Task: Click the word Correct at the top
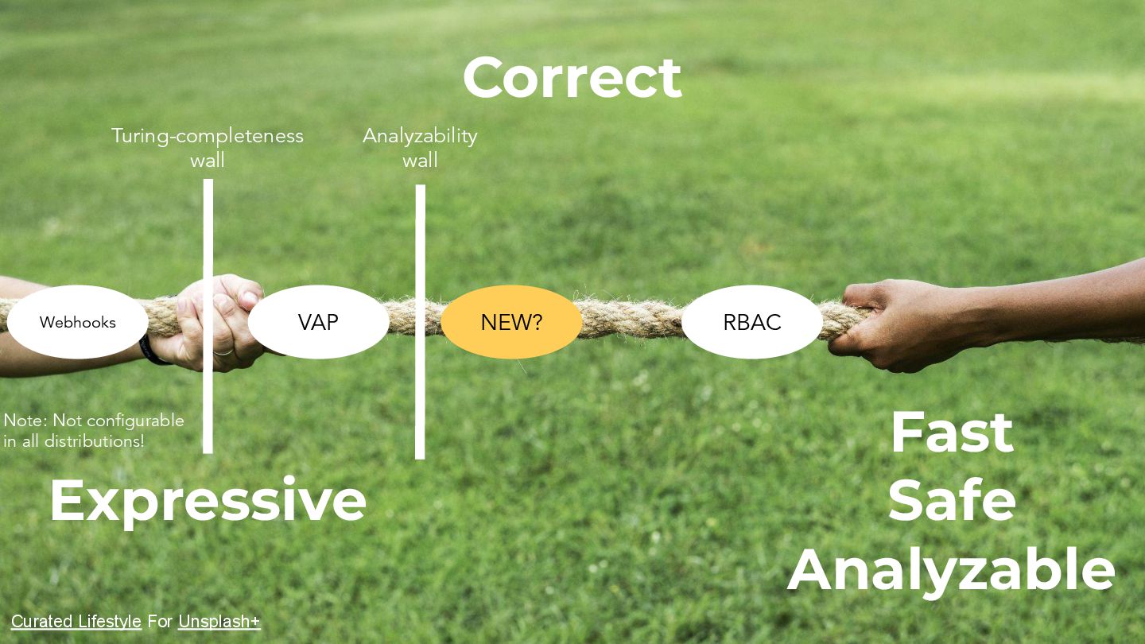[x=572, y=78]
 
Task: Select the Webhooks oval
[x=78, y=322]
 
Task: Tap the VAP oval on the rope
[x=318, y=322]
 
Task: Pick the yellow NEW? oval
[x=511, y=322]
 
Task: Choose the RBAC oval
[x=751, y=322]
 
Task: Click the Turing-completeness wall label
[x=207, y=148]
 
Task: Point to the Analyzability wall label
[x=420, y=148]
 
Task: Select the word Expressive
[x=208, y=500]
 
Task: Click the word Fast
[x=952, y=433]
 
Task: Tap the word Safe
[x=952, y=501]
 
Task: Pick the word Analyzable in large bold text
[x=952, y=569]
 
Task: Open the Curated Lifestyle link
[x=76, y=622]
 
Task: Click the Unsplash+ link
[x=219, y=622]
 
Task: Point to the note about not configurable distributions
[x=93, y=430]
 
